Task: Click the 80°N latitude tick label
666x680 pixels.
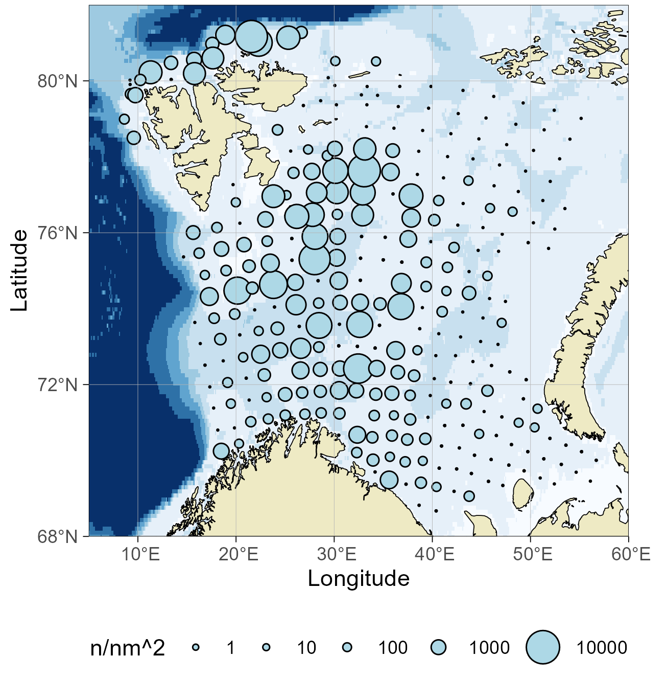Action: [x=58, y=81]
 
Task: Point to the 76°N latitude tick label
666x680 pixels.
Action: [x=58, y=233]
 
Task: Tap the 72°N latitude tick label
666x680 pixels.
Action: [x=58, y=384]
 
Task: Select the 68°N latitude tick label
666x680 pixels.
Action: [x=58, y=537]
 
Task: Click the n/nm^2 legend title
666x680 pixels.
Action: [x=128, y=648]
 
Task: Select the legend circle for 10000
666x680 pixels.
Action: [x=543, y=647]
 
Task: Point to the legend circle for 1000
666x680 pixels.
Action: [x=438, y=647]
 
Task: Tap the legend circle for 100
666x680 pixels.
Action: [x=347, y=647]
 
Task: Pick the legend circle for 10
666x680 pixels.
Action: [x=266, y=647]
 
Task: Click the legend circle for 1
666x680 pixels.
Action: [x=196, y=647]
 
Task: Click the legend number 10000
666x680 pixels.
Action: [x=602, y=648]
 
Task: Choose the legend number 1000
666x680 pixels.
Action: [x=489, y=648]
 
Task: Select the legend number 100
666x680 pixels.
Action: [x=393, y=648]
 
